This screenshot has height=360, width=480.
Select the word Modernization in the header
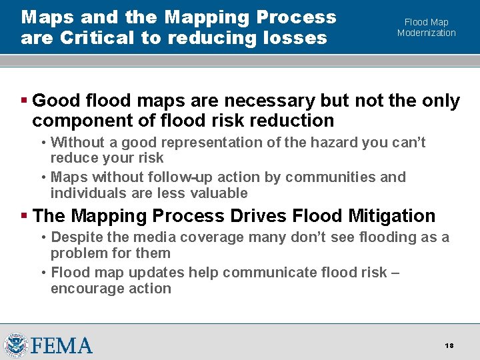click(427, 33)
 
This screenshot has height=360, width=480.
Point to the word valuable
click(216, 193)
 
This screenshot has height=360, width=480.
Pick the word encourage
click(83, 289)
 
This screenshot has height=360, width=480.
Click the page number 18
click(449, 345)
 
